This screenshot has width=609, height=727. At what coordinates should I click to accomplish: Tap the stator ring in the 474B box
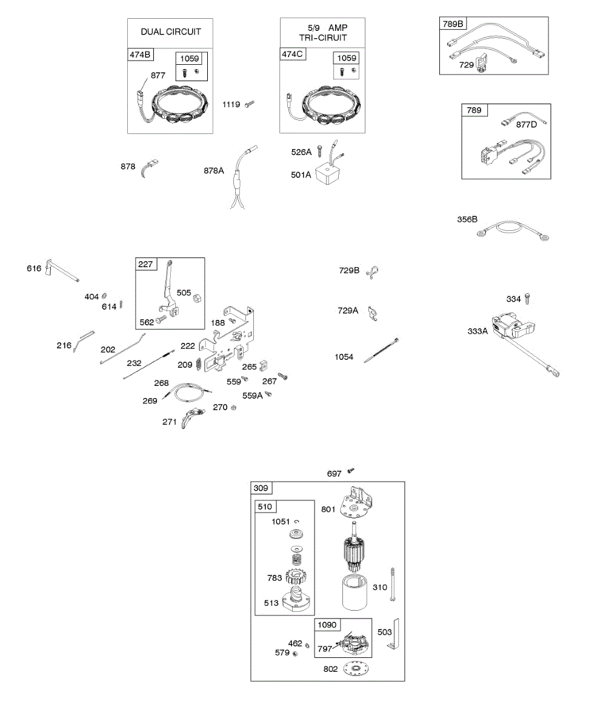179,108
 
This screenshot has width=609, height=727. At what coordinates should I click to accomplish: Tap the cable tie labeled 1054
381,351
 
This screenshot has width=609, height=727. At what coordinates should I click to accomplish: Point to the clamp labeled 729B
373,271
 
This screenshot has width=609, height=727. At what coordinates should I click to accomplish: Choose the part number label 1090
327,625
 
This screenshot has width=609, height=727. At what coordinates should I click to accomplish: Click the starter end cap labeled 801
357,503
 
